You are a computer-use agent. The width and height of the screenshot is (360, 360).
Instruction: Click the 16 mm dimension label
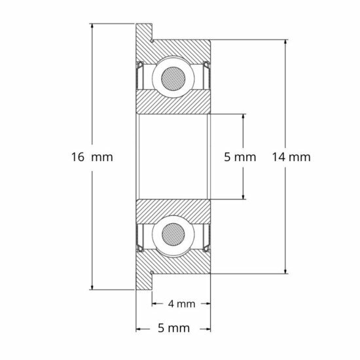[x=92, y=157]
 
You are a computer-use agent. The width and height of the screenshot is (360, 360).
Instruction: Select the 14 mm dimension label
[x=289, y=157]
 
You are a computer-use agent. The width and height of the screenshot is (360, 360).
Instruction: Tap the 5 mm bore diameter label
[x=239, y=157]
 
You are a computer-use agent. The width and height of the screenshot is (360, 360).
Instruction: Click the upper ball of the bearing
[x=173, y=77]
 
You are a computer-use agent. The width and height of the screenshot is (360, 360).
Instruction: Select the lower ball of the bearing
[x=173, y=235]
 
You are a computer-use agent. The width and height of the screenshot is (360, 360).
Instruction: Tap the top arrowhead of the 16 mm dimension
[x=92, y=27]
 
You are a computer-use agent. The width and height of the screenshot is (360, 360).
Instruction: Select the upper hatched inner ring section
[x=173, y=101]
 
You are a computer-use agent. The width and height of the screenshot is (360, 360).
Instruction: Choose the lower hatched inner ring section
[x=173, y=211]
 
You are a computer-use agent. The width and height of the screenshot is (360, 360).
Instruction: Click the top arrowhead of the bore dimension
[x=243, y=117]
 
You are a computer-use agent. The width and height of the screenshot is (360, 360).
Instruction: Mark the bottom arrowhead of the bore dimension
[x=243, y=196]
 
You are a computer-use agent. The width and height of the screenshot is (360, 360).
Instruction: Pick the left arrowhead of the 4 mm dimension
[x=155, y=304]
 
